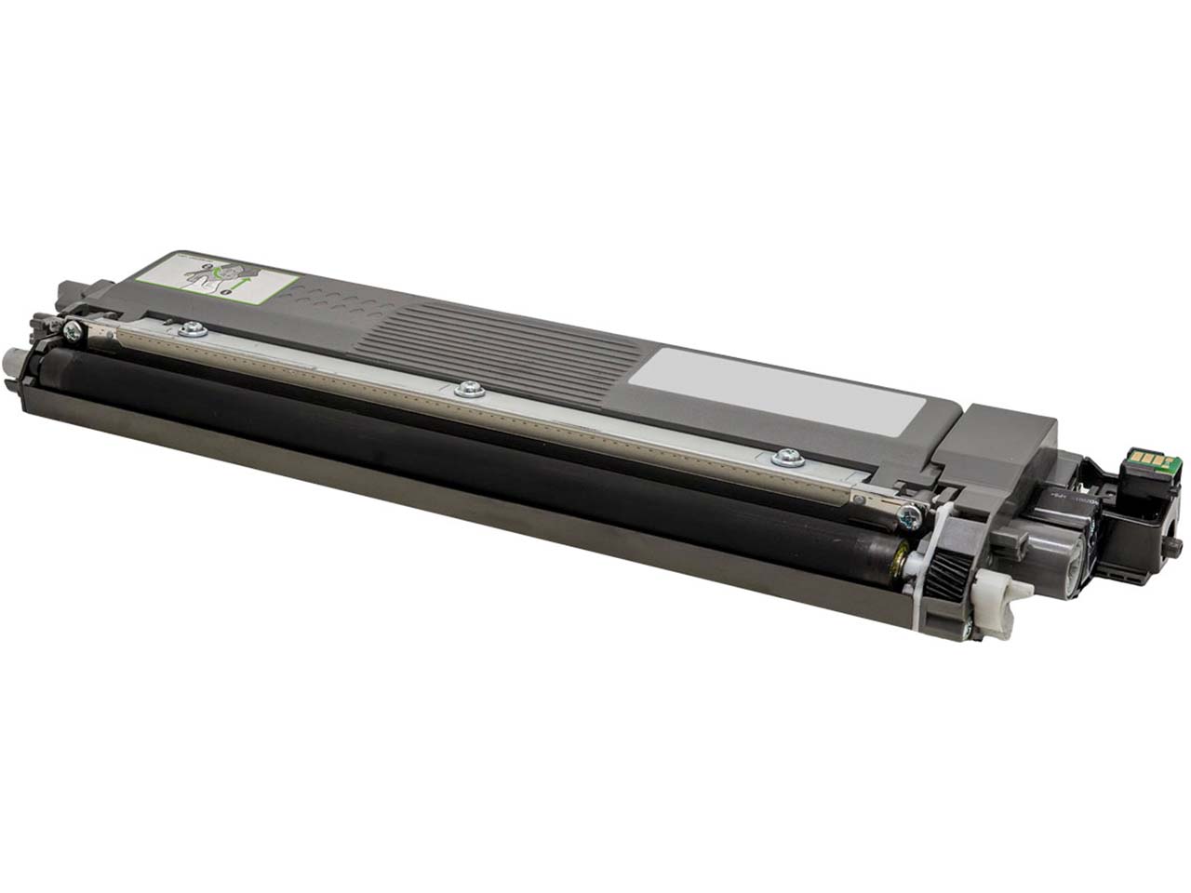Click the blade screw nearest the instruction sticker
(x=194, y=327)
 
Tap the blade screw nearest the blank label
(x=787, y=456)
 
